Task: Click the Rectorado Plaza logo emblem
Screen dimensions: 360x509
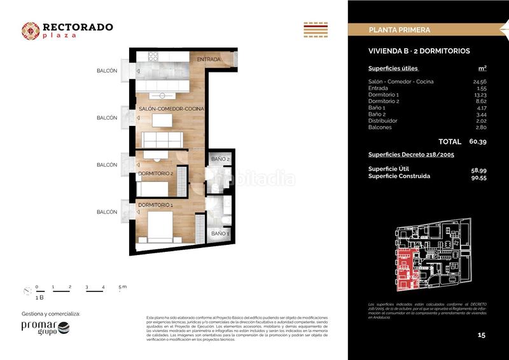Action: pyautogui.click(x=31, y=31)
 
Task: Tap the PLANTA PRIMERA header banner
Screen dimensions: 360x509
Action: pyautogui.click(x=400, y=30)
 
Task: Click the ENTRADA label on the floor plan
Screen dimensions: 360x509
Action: pyautogui.click(x=209, y=60)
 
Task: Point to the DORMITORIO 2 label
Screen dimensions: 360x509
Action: pyautogui.click(x=156, y=173)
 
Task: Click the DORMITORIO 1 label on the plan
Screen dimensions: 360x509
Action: pyautogui.click(x=156, y=205)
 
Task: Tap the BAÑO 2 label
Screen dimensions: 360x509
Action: pyautogui.click(x=220, y=158)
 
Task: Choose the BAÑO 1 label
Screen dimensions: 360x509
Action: pyautogui.click(x=220, y=234)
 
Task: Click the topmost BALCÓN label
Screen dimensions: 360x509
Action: pyautogui.click(x=107, y=71)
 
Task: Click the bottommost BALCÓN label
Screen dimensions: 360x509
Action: pyautogui.click(x=107, y=212)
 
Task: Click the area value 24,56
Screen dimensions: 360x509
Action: pyautogui.click(x=478, y=82)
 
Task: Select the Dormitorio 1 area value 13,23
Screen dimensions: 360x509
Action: pyautogui.click(x=478, y=95)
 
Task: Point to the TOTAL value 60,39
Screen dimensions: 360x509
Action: pyautogui.click(x=477, y=142)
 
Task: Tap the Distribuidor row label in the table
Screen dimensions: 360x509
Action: pyautogui.click(x=382, y=121)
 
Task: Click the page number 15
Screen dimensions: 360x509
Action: pyautogui.click(x=481, y=335)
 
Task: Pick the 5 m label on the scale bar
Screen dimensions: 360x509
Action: pyautogui.click(x=122, y=287)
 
